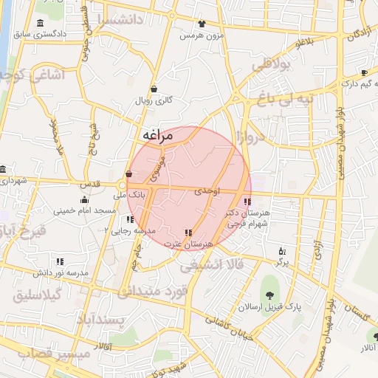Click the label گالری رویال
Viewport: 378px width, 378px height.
pos(154,100)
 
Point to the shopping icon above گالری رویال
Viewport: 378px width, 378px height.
pos(154,88)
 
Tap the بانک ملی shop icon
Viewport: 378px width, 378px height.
pos(129,174)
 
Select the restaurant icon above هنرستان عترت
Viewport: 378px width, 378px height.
pos(189,233)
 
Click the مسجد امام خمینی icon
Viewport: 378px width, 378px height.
pos(84,199)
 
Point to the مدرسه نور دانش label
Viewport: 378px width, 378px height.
pos(59,272)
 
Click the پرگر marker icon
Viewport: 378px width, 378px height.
pos(281,251)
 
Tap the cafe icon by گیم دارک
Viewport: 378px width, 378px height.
pos(364,72)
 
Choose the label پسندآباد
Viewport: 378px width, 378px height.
pos(102,318)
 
